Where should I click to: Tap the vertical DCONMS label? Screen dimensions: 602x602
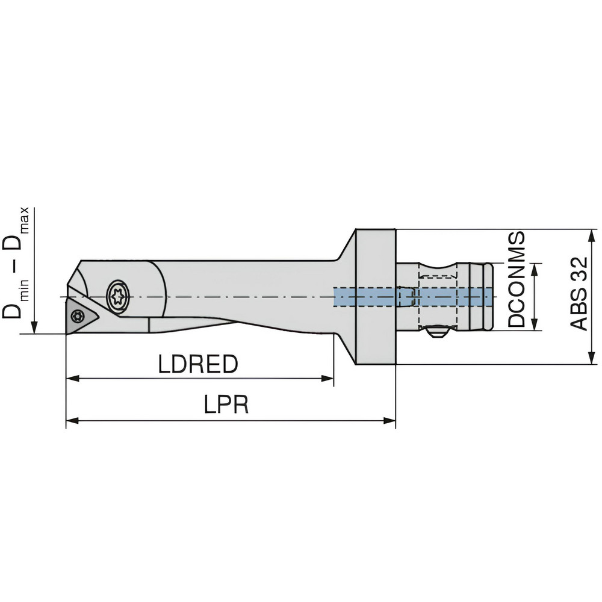click(516, 279)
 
